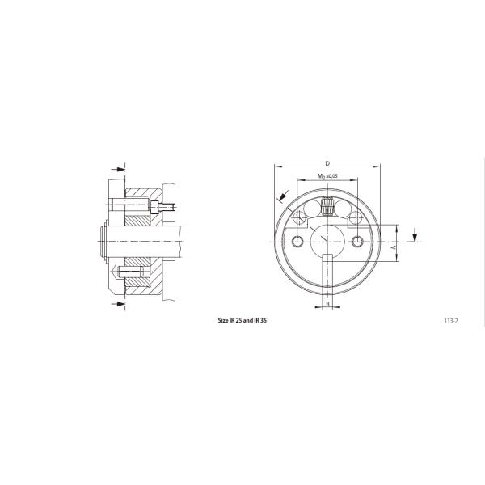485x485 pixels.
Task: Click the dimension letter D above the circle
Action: coord(327,163)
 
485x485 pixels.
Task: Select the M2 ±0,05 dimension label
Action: coord(327,176)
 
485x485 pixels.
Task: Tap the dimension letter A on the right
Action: coord(393,247)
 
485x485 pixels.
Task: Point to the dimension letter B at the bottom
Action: coord(327,304)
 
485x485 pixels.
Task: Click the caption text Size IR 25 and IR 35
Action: coord(242,320)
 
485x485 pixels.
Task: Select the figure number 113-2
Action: coord(451,321)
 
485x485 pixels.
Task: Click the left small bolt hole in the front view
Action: coord(297,241)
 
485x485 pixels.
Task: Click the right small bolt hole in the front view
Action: coord(357,241)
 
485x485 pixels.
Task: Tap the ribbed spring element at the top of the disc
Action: coord(327,205)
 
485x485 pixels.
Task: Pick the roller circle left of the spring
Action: coord(312,209)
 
